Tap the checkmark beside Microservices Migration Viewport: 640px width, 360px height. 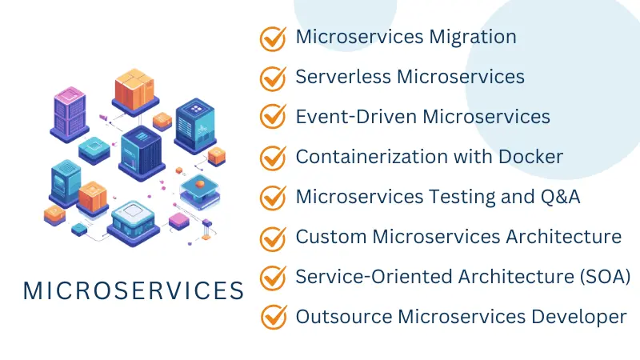pos(273,38)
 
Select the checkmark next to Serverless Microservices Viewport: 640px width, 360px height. pos(273,78)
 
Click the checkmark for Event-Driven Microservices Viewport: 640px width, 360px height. pos(273,117)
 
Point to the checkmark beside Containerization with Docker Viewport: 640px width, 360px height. pos(273,157)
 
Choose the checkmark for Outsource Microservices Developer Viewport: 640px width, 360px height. pos(273,317)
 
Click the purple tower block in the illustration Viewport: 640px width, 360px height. pos(70,113)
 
